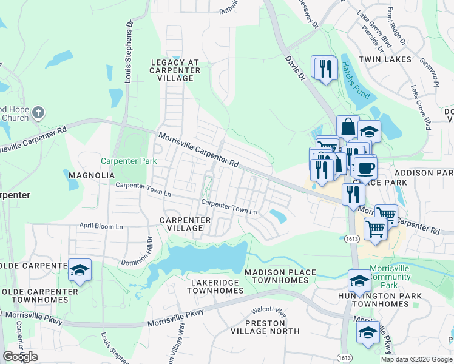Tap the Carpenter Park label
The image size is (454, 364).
pyautogui.click(x=129, y=161)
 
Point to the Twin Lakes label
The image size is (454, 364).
pyautogui.click(x=385, y=59)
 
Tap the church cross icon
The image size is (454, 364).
pyautogui.click(x=38, y=112)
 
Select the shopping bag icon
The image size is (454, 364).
pyautogui.click(x=348, y=127)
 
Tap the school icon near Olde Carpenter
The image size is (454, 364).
pyautogui.click(x=80, y=270)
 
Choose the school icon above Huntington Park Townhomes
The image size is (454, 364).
pyautogui.click(x=359, y=280)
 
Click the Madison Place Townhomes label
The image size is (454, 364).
pyautogui.click(x=280, y=277)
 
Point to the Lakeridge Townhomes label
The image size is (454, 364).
pyautogui.click(x=217, y=287)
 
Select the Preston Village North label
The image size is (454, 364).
pyautogui.click(x=265, y=327)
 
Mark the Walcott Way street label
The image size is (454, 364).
pyautogui.click(x=270, y=311)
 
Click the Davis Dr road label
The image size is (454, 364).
pyautogui.click(x=294, y=67)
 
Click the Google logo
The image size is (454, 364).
pyautogui.click(x=21, y=357)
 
